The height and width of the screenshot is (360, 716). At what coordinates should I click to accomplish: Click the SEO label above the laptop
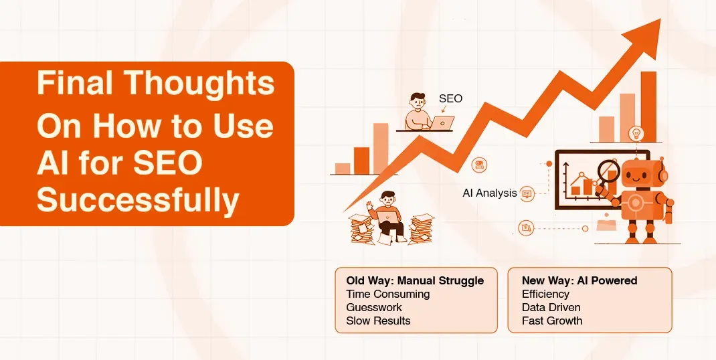450,99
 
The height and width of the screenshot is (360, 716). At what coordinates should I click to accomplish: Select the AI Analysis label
489,193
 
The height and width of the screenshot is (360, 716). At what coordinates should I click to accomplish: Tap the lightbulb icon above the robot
636,132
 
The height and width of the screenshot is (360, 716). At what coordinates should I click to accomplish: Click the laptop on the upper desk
442,123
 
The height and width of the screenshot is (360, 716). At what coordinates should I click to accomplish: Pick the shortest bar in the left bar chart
343,168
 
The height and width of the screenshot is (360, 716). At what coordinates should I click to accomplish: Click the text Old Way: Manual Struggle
415,280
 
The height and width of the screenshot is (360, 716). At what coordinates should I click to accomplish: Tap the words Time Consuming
387,294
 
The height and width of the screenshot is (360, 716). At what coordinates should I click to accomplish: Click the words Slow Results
378,321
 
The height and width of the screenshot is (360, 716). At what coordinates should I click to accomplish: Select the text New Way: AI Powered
579,280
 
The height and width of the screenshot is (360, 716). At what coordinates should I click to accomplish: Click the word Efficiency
545,294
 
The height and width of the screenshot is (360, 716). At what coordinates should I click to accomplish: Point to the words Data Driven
551,307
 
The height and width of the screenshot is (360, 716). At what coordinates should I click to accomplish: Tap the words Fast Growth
552,321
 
